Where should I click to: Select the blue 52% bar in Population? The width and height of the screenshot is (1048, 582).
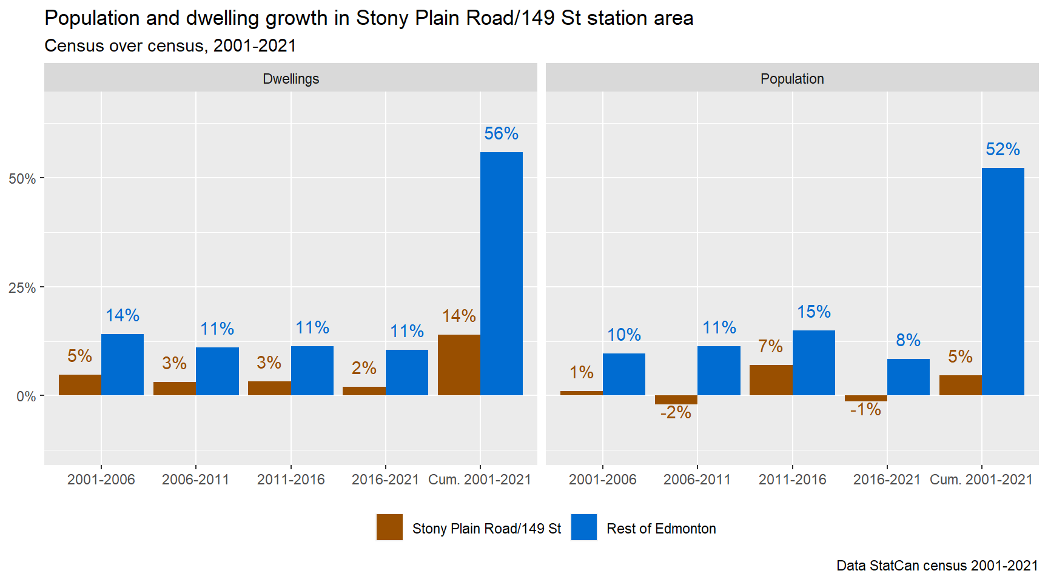click(1003, 282)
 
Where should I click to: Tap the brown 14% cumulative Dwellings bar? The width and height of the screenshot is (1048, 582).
click(458, 365)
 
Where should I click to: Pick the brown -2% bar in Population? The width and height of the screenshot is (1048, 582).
click(676, 400)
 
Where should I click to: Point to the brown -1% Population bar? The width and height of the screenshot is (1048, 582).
click(865, 398)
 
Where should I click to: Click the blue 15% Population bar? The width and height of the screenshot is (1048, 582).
click(813, 363)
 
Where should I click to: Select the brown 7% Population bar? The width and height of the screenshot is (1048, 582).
click(771, 380)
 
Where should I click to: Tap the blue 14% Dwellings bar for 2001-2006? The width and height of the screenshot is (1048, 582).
click(123, 364)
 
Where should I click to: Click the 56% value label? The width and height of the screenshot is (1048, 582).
click(501, 133)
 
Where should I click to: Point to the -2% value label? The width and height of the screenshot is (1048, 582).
click(676, 413)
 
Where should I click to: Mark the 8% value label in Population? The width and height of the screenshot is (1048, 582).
click(908, 340)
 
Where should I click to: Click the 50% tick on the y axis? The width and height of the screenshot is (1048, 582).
click(22, 179)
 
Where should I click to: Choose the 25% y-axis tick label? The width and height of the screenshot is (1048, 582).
click(22, 288)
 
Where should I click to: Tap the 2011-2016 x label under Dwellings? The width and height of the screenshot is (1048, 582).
click(291, 480)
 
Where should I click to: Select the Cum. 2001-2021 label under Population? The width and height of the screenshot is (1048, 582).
click(981, 480)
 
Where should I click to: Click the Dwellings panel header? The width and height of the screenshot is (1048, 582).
click(291, 79)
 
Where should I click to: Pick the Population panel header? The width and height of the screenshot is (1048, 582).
click(792, 79)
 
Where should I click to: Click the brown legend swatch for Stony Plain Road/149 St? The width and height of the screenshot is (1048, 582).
click(389, 527)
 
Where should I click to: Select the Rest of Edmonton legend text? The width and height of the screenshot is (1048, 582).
click(661, 529)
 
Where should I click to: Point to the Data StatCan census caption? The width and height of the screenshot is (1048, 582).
click(936, 566)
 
